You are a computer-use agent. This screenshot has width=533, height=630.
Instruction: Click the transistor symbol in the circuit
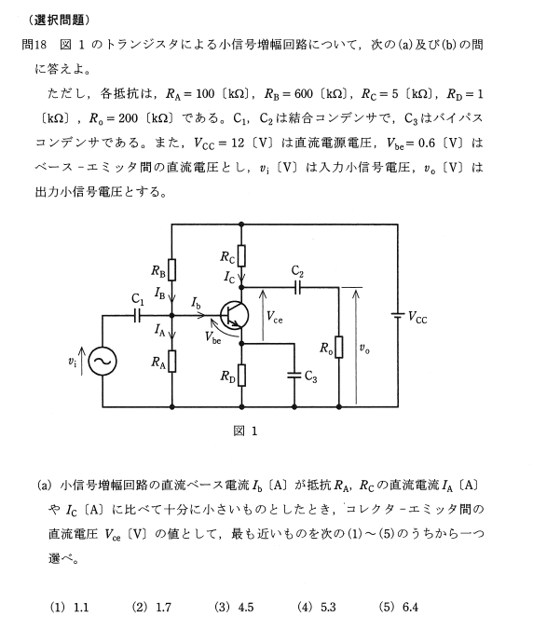pos(235,316)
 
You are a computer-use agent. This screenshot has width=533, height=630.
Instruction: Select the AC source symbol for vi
pos(102,361)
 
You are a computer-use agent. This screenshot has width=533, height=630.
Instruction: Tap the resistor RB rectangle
pos(171,269)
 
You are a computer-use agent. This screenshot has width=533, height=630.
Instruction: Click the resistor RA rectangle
pos(171,361)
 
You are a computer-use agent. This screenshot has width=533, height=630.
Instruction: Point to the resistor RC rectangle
pos(241,255)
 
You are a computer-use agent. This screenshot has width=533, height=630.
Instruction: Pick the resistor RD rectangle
pos(241,375)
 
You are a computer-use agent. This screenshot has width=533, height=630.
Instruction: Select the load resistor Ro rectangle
pos(339,347)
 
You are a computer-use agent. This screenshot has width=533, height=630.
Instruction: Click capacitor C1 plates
pos(137,316)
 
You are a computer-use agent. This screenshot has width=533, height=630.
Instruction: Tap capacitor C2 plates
pos(297,287)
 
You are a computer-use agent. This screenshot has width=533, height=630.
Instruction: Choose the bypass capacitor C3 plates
pos(294,376)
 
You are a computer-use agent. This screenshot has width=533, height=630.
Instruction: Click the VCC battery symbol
pos(398,315)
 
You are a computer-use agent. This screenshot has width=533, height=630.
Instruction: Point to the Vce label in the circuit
pos(275,317)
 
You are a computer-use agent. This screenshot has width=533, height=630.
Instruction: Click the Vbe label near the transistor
pos(212,337)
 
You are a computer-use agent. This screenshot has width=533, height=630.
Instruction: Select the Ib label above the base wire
pos(196,303)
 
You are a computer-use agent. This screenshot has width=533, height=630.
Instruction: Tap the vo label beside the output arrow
pos(364,349)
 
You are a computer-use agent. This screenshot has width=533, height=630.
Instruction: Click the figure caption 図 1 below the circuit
pos(245,431)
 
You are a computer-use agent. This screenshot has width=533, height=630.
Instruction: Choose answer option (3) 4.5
pos(234,607)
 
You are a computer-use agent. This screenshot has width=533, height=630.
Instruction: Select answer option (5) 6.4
pos(399,607)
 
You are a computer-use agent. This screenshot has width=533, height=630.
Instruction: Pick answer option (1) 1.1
pos(69,607)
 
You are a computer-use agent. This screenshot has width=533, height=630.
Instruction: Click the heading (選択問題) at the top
pos(59,20)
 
